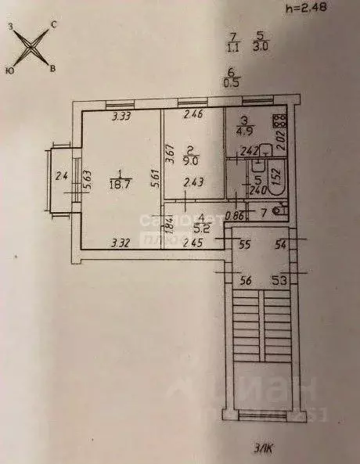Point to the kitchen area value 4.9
(x=245, y=131)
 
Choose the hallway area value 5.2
(x=202, y=229)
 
